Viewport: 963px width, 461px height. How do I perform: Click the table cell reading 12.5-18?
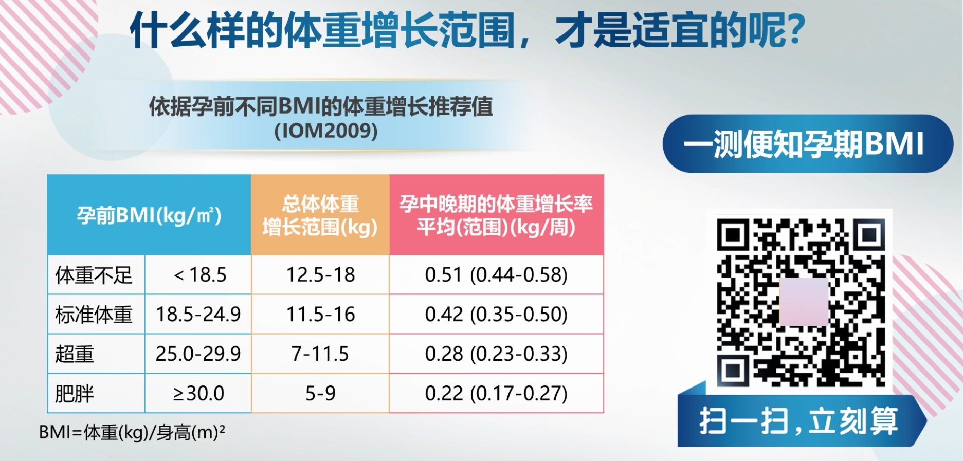(x=320, y=275)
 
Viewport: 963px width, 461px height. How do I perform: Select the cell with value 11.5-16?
(x=320, y=314)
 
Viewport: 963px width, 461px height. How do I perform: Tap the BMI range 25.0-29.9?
(x=198, y=354)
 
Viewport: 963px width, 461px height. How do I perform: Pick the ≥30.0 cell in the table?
(x=198, y=393)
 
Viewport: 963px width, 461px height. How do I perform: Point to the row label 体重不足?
(x=94, y=275)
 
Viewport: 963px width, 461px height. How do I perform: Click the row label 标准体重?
(x=94, y=314)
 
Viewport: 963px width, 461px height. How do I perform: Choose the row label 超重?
(x=75, y=354)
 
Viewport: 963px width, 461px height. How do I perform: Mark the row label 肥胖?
(x=75, y=393)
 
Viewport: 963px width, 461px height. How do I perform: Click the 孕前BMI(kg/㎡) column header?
(x=149, y=215)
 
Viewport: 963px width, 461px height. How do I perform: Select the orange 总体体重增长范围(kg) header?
(x=320, y=215)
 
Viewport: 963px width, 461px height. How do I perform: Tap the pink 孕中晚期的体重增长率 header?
(x=496, y=215)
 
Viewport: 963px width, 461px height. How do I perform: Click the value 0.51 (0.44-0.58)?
(x=496, y=275)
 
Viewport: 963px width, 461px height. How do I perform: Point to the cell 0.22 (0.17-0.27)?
(x=496, y=393)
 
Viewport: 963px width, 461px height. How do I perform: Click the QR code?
(x=801, y=302)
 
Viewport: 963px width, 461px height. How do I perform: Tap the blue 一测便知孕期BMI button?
(x=807, y=143)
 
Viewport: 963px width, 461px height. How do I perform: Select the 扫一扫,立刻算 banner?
(x=800, y=421)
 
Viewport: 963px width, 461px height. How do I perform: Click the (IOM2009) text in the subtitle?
(x=326, y=131)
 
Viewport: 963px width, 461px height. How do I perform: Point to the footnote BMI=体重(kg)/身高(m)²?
(x=132, y=432)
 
